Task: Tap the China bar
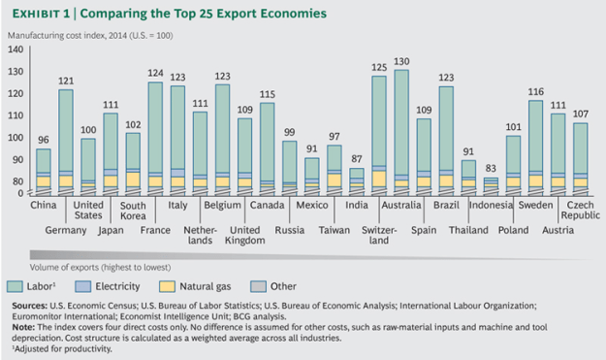pos(44,172)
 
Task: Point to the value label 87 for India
pos(357,158)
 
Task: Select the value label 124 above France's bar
pos(154,73)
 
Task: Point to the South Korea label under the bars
pos(132,211)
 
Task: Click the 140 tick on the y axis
pos(15,49)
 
